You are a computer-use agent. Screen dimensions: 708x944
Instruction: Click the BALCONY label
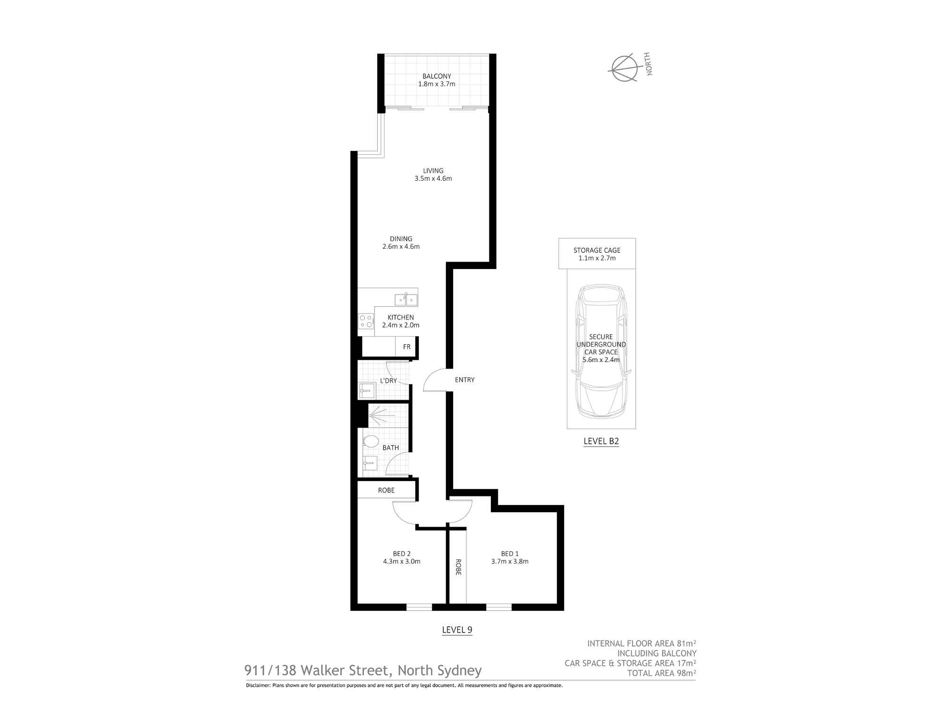click(x=437, y=76)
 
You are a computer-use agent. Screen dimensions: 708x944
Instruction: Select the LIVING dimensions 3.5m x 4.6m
click(x=433, y=179)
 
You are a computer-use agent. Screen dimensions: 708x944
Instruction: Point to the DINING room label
click(x=401, y=239)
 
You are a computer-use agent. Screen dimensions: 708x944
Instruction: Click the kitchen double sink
click(x=406, y=299)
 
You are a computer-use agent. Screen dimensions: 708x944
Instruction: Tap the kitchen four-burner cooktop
click(x=366, y=321)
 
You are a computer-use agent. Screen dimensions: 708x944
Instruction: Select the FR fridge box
click(x=406, y=347)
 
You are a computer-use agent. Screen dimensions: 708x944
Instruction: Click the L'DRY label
click(x=388, y=380)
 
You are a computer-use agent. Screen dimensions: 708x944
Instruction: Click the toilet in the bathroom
click(x=371, y=442)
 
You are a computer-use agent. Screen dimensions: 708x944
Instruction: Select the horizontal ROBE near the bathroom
click(x=386, y=490)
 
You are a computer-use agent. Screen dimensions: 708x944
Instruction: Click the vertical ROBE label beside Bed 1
click(x=457, y=567)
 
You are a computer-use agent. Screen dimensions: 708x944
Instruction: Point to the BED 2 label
click(x=402, y=554)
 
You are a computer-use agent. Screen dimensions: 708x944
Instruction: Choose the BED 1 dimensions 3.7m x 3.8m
click(x=509, y=562)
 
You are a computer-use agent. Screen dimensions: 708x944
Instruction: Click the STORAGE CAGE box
click(x=597, y=254)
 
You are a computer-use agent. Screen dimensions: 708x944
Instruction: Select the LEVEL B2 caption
click(x=601, y=442)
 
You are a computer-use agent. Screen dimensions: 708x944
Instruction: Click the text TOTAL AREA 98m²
click(x=661, y=673)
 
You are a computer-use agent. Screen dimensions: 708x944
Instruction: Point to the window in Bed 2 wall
click(x=419, y=607)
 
